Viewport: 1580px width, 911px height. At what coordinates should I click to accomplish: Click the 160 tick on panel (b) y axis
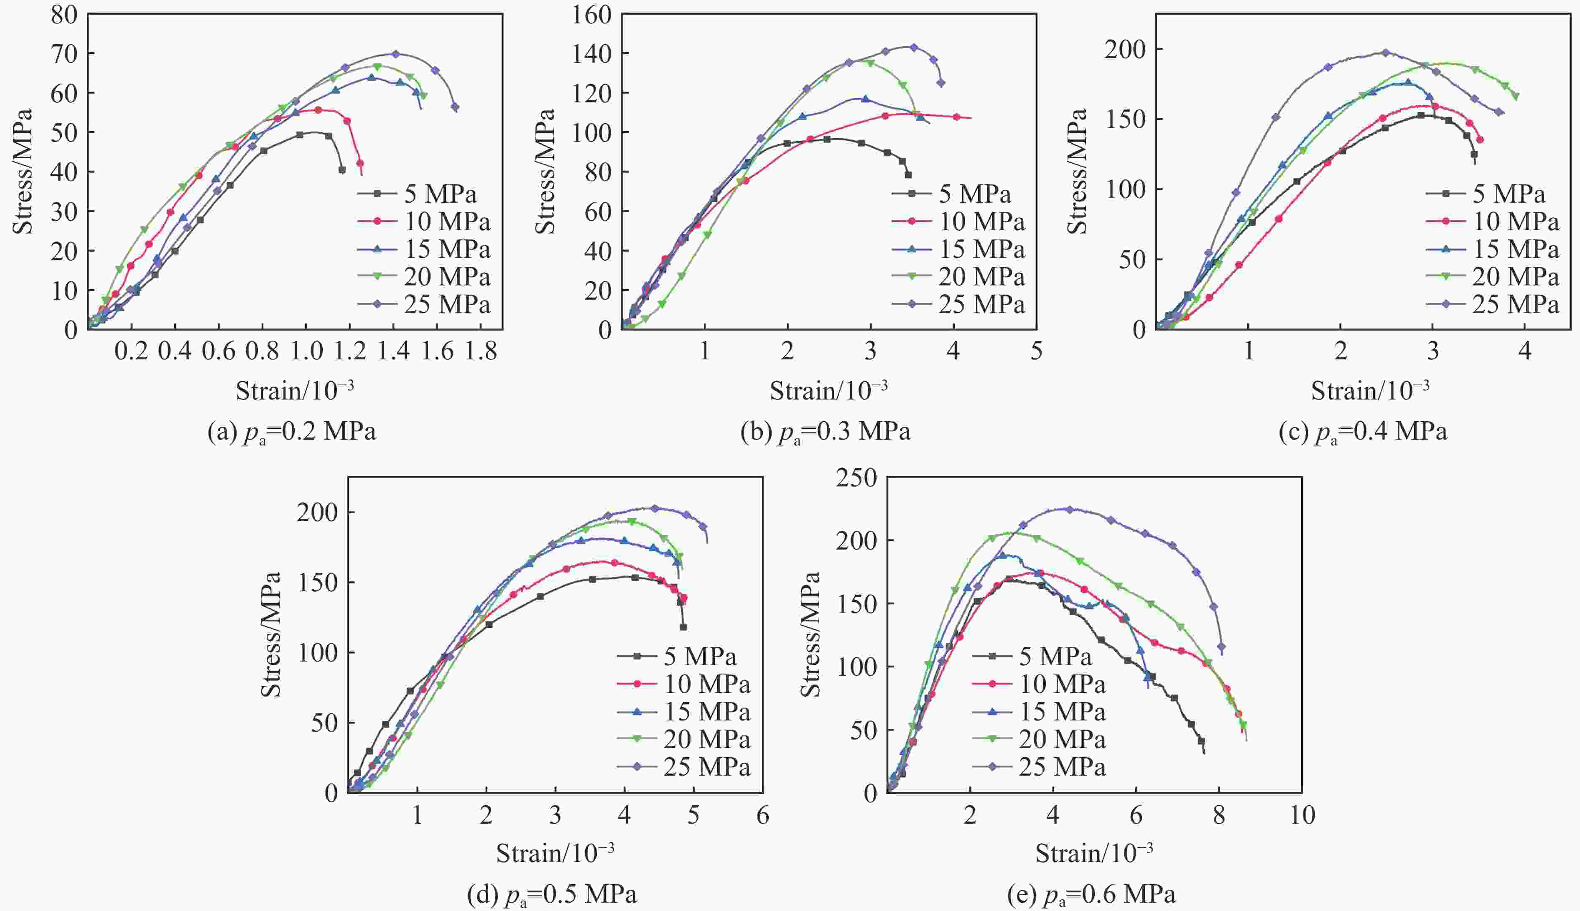click(x=591, y=15)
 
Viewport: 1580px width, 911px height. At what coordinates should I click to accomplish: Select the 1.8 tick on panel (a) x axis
click(x=481, y=351)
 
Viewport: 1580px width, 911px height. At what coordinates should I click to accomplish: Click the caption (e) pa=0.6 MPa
click(x=1091, y=895)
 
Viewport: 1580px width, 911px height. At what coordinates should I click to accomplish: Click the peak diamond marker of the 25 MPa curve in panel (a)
click(x=395, y=54)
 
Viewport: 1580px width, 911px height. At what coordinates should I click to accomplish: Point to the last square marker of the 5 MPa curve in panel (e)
click(x=1201, y=741)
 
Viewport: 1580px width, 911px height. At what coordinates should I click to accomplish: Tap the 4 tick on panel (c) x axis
click(x=1525, y=351)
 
